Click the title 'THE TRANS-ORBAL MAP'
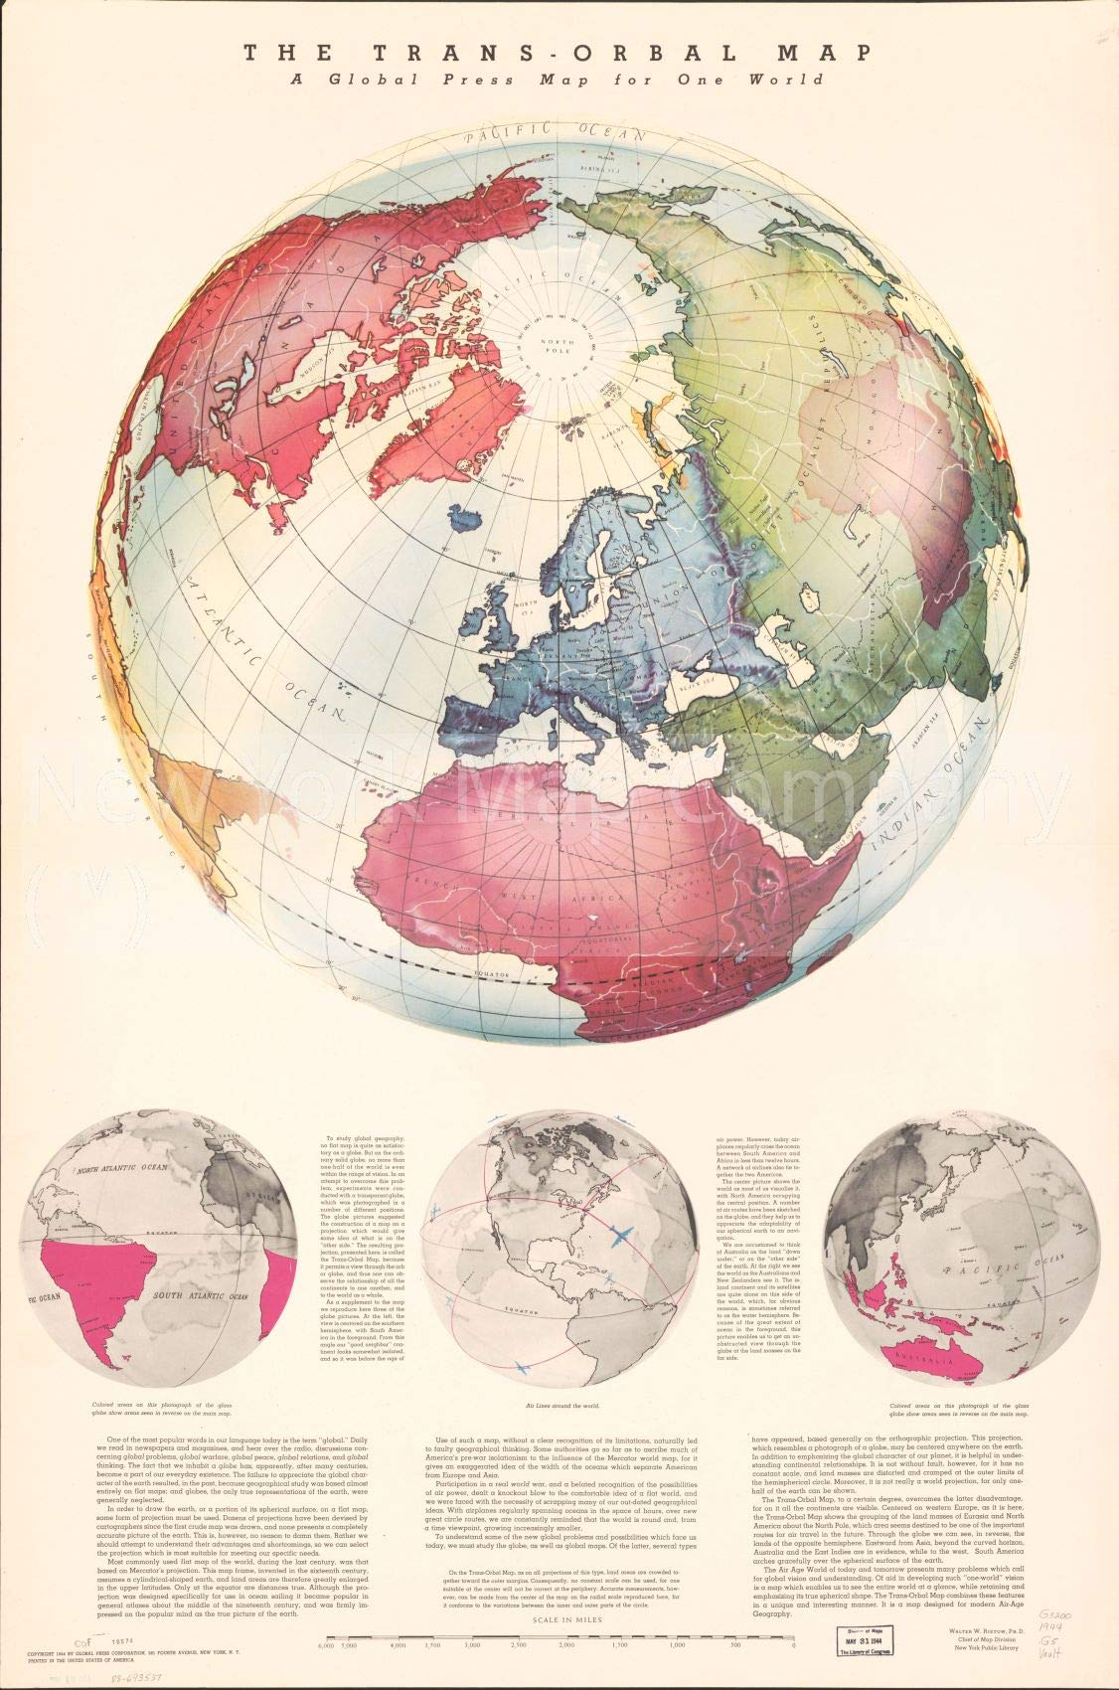(x=559, y=52)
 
